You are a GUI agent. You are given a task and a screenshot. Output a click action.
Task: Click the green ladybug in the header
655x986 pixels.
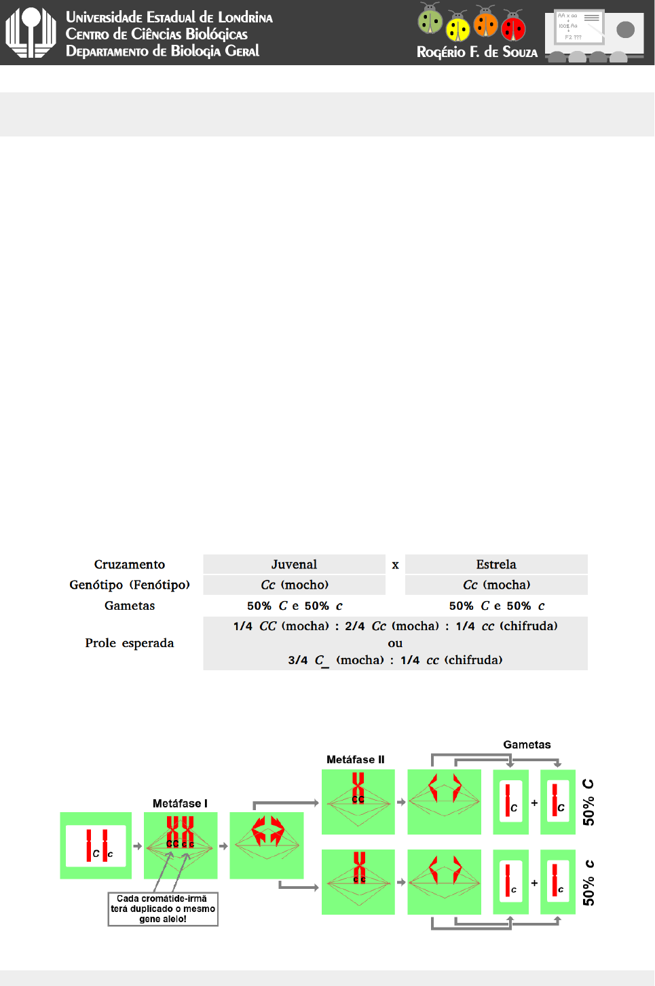(x=430, y=20)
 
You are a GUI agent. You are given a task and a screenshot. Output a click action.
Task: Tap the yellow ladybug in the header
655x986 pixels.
(x=458, y=28)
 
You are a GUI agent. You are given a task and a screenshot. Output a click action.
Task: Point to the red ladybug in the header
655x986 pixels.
(x=514, y=27)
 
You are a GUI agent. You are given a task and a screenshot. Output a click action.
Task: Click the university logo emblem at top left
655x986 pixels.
(x=31, y=32)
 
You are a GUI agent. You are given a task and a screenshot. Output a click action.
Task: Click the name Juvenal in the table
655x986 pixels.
(x=294, y=564)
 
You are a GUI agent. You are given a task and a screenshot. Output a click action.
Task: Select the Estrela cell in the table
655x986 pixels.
(x=496, y=564)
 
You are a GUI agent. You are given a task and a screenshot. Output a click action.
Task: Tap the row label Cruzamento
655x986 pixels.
(x=130, y=564)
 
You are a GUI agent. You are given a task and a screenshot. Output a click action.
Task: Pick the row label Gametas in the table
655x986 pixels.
(x=130, y=606)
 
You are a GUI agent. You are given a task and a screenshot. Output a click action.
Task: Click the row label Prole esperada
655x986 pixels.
(x=130, y=643)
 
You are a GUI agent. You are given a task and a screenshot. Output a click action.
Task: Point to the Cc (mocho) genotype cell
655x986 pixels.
(x=295, y=585)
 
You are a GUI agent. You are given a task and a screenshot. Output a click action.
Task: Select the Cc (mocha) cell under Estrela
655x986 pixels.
(x=496, y=585)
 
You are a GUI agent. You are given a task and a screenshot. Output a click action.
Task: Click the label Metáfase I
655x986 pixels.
(x=180, y=803)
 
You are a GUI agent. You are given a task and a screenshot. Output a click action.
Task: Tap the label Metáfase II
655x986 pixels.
(x=355, y=759)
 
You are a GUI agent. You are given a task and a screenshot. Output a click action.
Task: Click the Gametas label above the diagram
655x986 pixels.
(x=527, y=744)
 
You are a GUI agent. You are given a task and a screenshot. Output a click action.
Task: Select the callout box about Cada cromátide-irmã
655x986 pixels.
(x=163, y=909)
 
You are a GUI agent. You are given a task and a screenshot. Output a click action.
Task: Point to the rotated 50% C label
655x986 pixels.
(x=588, y=802)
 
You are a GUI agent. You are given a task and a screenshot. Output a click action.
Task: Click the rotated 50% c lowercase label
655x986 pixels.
(x=588, y=882)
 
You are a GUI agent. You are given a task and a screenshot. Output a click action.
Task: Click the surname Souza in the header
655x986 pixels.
(x=520, y=52)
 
